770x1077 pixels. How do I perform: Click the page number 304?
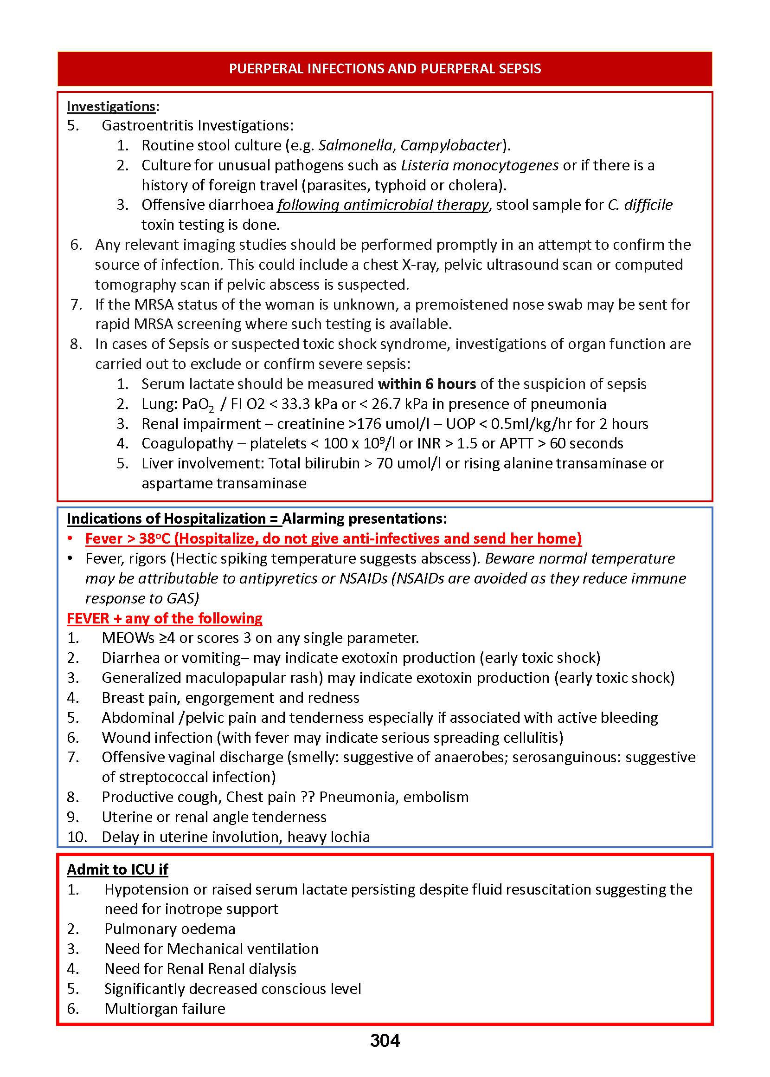pos(385,1040)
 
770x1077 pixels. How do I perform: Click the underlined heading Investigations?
pos(111,106)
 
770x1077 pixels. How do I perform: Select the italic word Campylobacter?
pos(451,145)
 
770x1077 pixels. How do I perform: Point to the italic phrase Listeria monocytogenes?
pos(479,165)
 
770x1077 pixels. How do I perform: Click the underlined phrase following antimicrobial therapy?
pos(383,204)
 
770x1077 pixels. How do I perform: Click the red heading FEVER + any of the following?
pos(165,618)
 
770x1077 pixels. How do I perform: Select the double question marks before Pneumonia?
pos(308,797)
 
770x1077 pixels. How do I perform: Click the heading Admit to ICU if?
pos(117,869)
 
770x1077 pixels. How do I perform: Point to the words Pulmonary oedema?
pos(170,928)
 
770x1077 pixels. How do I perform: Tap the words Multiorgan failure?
pos(165,1008)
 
